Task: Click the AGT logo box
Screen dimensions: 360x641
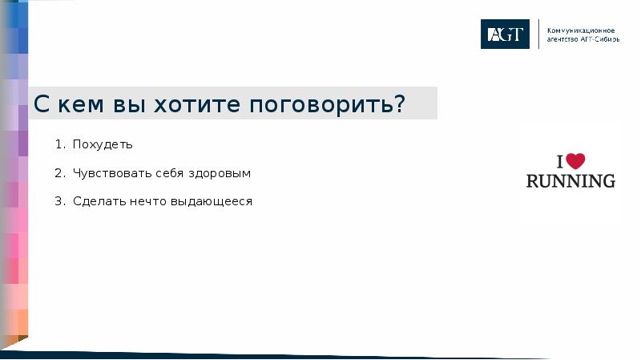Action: [505, 34]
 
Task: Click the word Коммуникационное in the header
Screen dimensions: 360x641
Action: [583, 29]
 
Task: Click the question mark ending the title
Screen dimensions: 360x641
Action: [398, 104]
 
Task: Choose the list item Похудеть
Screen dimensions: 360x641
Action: [103, 145]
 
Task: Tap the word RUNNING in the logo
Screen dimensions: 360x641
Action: [570, 180]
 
